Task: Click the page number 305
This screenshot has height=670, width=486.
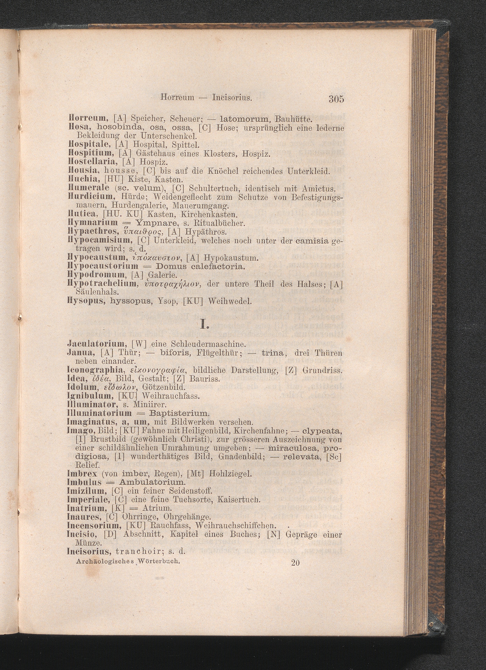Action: coord(336,99)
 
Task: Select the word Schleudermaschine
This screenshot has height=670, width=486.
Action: coord(204,344)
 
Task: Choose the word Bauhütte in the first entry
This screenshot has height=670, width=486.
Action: coord(293,120)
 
